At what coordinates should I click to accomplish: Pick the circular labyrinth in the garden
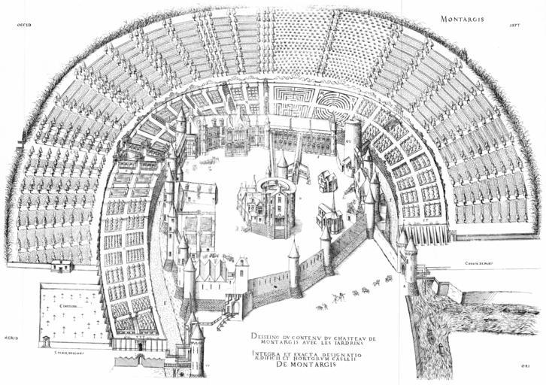point(337,100)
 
